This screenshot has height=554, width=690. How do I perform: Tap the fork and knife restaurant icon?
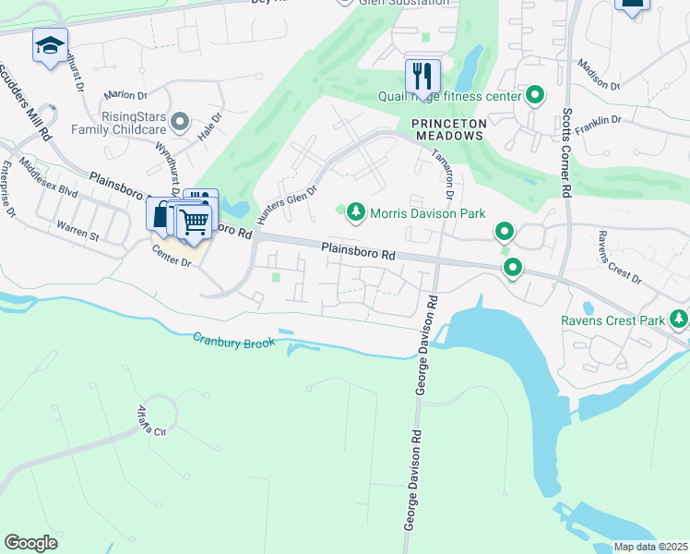click(422, 74)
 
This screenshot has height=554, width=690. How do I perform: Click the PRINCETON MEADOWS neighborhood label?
click(447, 128)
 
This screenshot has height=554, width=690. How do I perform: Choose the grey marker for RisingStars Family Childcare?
click(180, 121)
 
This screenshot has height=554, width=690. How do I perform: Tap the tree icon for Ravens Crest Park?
click(679, 319)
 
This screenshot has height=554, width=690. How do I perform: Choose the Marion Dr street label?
click(126, 94)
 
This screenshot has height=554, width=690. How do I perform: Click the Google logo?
click(31, 542)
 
